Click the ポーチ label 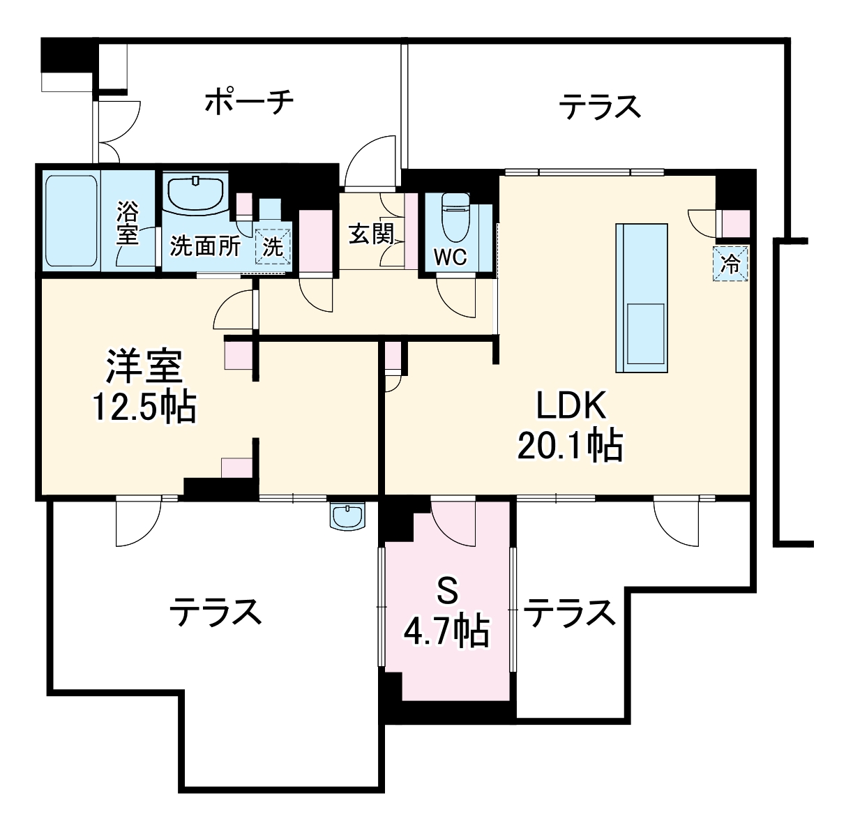pyautogui.click(x=249, y=102)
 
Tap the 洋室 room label pyautogui.click(x=144, y=367)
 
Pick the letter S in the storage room pyautogui.click(x=447, y=593)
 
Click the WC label pyautogui.click(x=450, y=257)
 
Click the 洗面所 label pyautogui.click(x=206, y=246)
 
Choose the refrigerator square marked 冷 pyautogui.click(x=731, y=264)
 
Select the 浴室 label pyautogui.click(x=128, y=222)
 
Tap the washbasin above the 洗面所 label pyautogui.click(x=195, y=192)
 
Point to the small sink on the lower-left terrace pyautogui.click(x=347, y=517)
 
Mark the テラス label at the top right pyautogui.click(x=599, y=107)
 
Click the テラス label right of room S pyautogui.click(x=570, y=613)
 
